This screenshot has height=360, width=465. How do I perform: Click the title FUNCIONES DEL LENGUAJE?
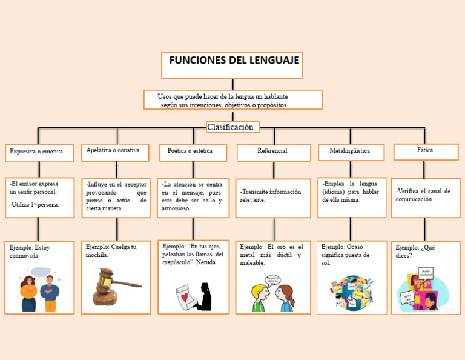pyautogui.click(x=232, y=61)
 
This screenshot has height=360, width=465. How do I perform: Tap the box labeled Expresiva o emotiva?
pyautogui.click(x=39, y=152)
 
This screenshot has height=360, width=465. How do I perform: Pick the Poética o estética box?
pyautogui.click(x=193, y=151)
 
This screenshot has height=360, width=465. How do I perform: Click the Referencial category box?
pyautogui.click(x=273, y=151)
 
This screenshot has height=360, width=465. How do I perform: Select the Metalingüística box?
pyautogui.click(x=351, y=150)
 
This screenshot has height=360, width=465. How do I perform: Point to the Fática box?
pyautogui.click(x=424, y=150)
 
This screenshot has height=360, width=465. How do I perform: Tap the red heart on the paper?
pyautogui.click(x=184, y=297)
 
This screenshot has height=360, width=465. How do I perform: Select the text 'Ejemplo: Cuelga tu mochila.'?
pyautogui.click(x=112, y=251)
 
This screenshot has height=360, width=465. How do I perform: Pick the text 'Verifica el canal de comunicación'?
pyautogui.click(x=423, y=195)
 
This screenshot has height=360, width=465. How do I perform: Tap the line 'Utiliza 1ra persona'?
pyautogui.click(x=35, y=205)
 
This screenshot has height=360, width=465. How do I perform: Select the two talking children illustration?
pyautogui.click(x=273, y=293)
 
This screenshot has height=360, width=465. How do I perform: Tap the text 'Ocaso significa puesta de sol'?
pyautogui.click(x=346, y=255)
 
